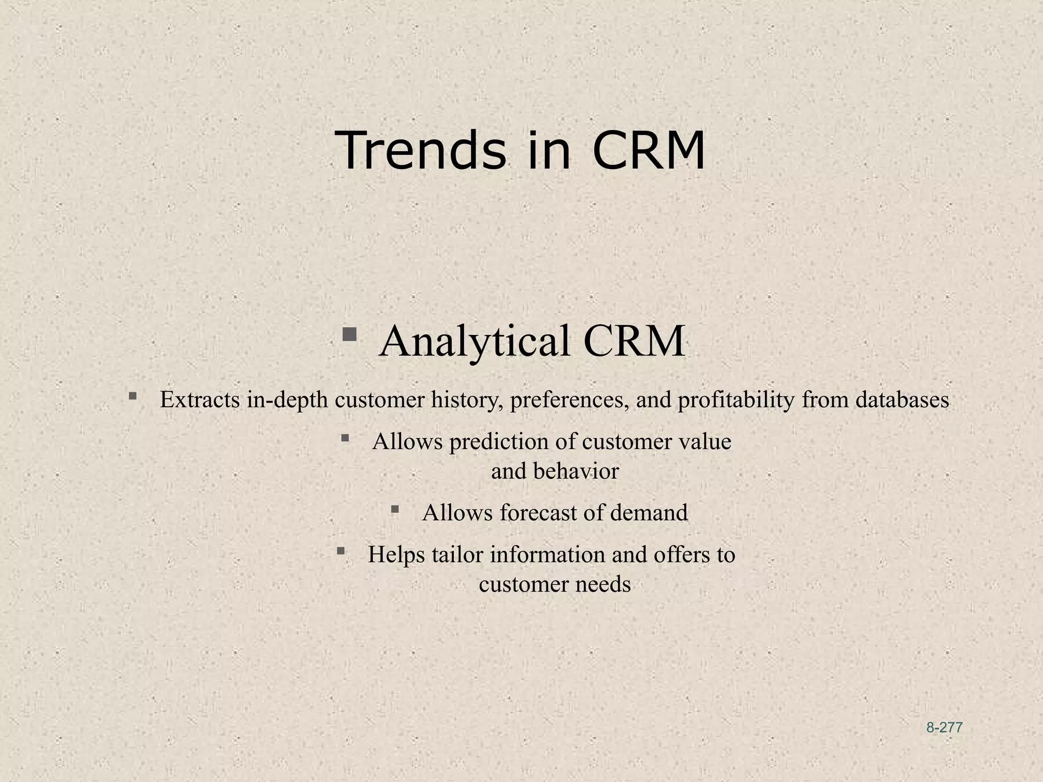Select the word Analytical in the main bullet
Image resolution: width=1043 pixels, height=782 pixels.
tap(475, 342)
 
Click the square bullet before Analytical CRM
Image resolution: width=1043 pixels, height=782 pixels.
tap(349, 334)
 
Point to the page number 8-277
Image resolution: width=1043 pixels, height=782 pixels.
tap(944, 728)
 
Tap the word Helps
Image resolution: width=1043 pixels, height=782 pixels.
tap(396, 554)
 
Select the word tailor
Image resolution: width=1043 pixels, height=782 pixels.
tap(457, 554)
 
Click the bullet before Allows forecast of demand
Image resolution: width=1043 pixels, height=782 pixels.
tap(395, 509)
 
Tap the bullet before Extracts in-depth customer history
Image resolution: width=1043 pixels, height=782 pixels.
tap(132, 396)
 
